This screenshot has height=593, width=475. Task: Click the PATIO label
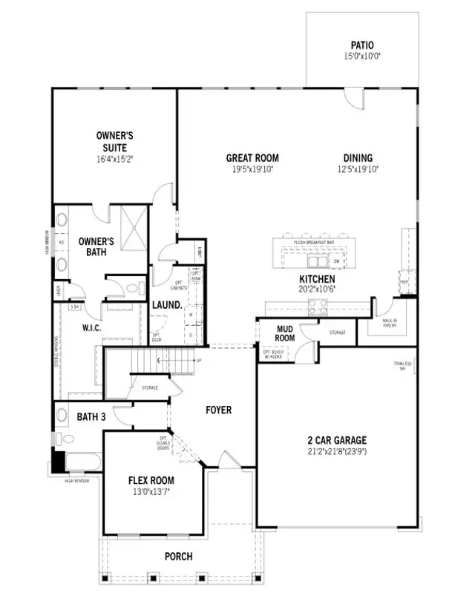tap(362, 45)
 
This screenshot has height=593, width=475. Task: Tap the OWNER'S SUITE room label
tap(114, 142)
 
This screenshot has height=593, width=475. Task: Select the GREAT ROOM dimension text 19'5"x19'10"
tap(252, 169)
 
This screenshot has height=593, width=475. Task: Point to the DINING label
tap(358, 157)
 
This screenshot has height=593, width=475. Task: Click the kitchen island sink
tap(318, 261)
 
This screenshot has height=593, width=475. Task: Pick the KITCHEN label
tap(318, 279)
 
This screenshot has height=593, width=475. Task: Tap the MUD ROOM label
tap(286, 333)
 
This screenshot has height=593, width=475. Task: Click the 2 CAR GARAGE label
tap(338, 440)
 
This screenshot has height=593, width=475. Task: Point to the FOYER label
tap(218, 410)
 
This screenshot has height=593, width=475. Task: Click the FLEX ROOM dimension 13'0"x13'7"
tap(151, 491)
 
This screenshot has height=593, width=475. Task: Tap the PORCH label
tap(178, 556)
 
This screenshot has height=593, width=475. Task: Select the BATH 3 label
tap(91, 417)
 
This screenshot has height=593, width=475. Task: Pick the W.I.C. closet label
tap(91, 327)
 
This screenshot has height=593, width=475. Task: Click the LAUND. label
tap(167, 305)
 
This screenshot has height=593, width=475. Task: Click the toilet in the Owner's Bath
tap(134, 288)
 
